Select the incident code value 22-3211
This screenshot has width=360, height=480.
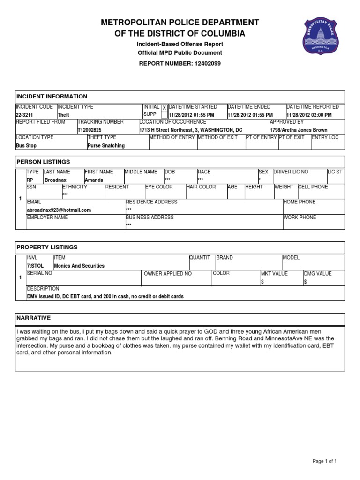[x=24, y=115]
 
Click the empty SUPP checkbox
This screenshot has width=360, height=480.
[x=164, y=115]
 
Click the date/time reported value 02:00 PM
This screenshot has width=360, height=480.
[x=309, y=115]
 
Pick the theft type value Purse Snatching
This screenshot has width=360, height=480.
[x=106, y=146]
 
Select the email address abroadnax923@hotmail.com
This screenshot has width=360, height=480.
[x=59, y=210]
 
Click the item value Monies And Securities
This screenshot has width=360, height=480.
[x=79, y=266]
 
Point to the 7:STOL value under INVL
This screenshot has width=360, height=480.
[x=35, y=266]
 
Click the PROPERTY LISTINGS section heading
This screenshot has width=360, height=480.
[x=47, y=247]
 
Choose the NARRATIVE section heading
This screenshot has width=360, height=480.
[x=33, y=318]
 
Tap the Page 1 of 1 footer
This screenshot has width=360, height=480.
[x=325, y=462]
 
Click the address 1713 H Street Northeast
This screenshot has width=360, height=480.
[x=170, y=130]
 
